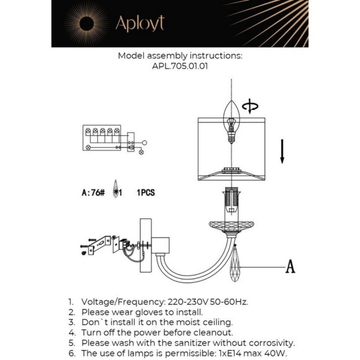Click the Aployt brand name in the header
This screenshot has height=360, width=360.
140,24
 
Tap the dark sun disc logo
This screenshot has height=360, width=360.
86,24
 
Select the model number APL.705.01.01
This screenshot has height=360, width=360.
180,66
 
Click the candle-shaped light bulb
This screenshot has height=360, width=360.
232,122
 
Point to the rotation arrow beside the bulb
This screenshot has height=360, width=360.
250,106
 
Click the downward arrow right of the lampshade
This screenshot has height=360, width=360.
282,151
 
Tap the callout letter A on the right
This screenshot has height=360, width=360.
290,266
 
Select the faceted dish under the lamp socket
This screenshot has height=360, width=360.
232,226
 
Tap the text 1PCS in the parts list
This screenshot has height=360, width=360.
146,192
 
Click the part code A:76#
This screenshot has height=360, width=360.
93,192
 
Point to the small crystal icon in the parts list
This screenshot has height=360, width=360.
115,189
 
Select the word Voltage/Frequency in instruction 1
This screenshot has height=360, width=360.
123,302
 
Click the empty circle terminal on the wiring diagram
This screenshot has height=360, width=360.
145,143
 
